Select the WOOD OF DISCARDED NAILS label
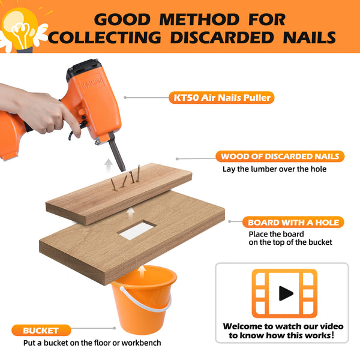[280, 157]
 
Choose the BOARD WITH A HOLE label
[293, 222]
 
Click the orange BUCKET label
[41, 330]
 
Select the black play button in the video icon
[286, 293]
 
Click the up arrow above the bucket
[142, 272]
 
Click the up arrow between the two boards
[131, 212]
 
